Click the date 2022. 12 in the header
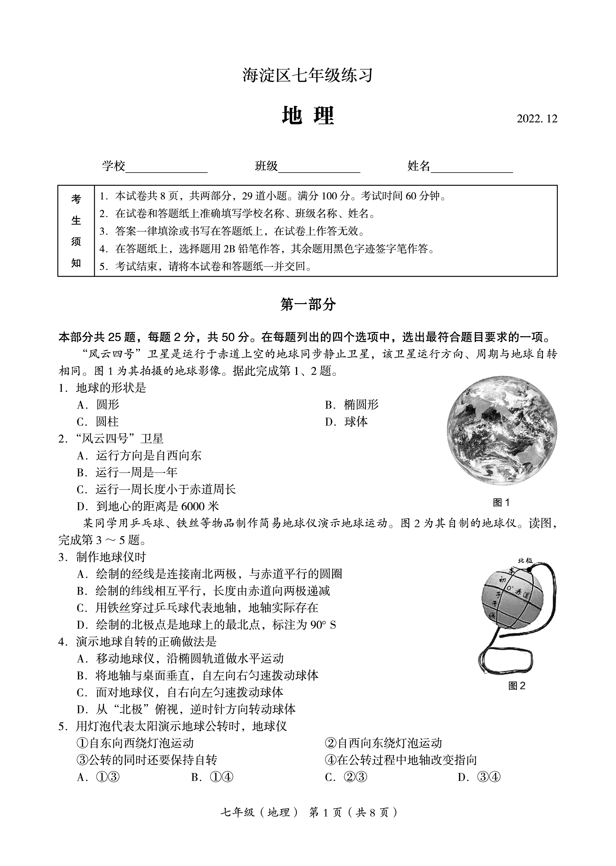(537, 119)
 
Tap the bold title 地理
(308, 116)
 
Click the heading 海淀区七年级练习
(308, 75)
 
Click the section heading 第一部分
(308, 304)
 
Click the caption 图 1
(501, 503)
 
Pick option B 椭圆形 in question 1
(352, 405)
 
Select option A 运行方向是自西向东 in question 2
(139, 456)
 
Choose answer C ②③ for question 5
(346, 777)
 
